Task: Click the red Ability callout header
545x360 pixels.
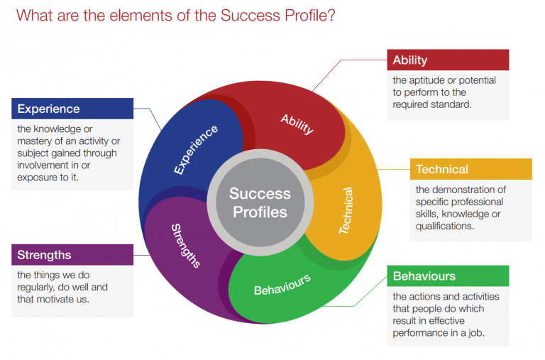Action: pos(448,60)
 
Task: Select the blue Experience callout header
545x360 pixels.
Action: pos(72,109)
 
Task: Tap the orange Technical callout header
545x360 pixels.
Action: pos(470,169)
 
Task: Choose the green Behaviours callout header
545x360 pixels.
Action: pos(448,276)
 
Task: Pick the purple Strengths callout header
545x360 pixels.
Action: pos(72,254)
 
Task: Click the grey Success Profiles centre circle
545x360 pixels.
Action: pos(259,202)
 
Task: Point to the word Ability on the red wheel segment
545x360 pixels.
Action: pos(297,124)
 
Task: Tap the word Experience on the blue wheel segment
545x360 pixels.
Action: pos(197,149)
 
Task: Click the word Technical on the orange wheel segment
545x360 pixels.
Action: pos(346,211)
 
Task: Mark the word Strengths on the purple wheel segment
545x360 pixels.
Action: pos(186,246)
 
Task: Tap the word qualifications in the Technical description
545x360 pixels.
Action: pos(444,227)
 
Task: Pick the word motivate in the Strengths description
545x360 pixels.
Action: pos(62,300)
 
